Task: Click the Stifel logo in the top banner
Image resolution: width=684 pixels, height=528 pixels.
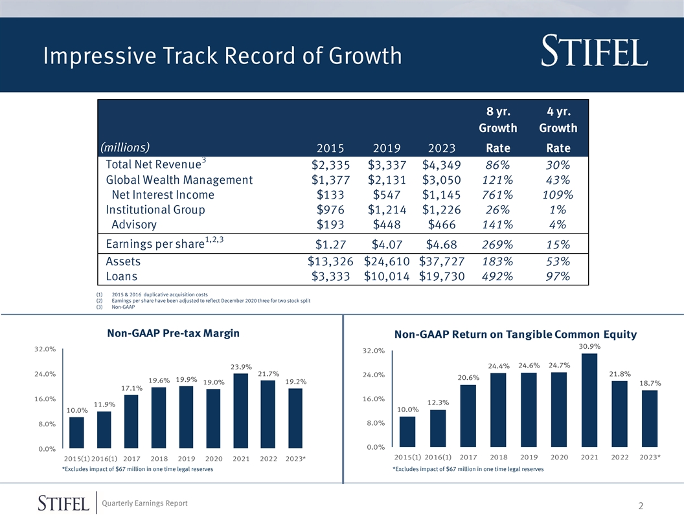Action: [x=593, y=51]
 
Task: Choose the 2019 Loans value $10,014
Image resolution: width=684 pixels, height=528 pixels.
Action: [x=387, y=277]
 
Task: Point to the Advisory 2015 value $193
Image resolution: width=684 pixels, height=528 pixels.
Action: [x=330, y=225]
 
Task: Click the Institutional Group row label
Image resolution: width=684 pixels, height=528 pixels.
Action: [x=155, y=210]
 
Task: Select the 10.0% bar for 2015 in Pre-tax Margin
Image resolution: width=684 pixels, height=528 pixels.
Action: [x=76, y=432]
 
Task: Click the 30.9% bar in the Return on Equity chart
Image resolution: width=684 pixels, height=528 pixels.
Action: [x=589, y=400]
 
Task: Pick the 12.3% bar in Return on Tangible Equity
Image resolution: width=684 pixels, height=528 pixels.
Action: [x=438, y=428]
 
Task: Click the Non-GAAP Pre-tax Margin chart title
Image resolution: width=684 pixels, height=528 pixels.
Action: [x=173, y=333]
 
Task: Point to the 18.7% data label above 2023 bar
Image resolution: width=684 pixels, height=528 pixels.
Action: [x=650, y=383]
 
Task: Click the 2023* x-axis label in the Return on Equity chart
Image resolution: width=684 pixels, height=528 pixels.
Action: [x=650, y=457]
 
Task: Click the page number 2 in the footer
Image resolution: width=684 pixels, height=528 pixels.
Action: [x=641, y=507]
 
